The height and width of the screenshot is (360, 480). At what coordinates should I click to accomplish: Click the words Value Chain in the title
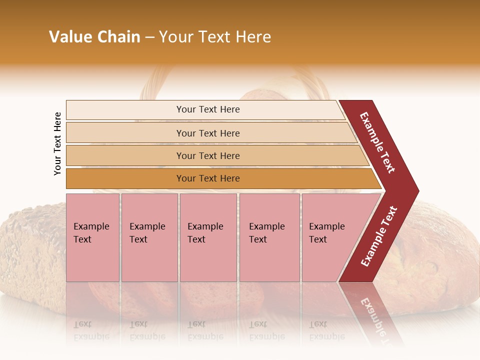pos(94,37)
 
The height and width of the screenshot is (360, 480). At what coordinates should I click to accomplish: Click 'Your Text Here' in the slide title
pos(215,37)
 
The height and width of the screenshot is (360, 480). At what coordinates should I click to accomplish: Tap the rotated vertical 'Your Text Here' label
pos(57,143)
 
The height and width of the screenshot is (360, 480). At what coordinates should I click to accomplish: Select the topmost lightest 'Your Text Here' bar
pos(207,109)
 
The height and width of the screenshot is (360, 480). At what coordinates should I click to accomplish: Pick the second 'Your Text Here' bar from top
pos(207,133)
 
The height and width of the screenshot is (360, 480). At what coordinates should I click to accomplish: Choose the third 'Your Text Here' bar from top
pos(207,155)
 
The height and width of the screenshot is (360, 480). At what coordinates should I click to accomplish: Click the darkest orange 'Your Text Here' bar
pos(207,178)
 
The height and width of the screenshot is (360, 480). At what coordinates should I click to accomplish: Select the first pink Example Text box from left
pos(92,237)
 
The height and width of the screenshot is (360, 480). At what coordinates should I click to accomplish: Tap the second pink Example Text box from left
pos(149,237)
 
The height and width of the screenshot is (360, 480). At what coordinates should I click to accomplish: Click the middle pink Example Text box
pos(208,237)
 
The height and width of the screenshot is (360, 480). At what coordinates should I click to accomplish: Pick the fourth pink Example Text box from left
pos(269,237)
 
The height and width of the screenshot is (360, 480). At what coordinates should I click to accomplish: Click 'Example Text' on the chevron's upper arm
pos(377,142)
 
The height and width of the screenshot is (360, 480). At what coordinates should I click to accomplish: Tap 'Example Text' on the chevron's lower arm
pos(379,236)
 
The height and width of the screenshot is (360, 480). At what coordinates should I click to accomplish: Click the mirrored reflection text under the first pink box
pos(91,330)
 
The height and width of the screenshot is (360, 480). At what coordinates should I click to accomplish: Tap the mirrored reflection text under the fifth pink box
pos(327,330)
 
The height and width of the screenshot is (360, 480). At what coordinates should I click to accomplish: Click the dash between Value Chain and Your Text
pos(149,37)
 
